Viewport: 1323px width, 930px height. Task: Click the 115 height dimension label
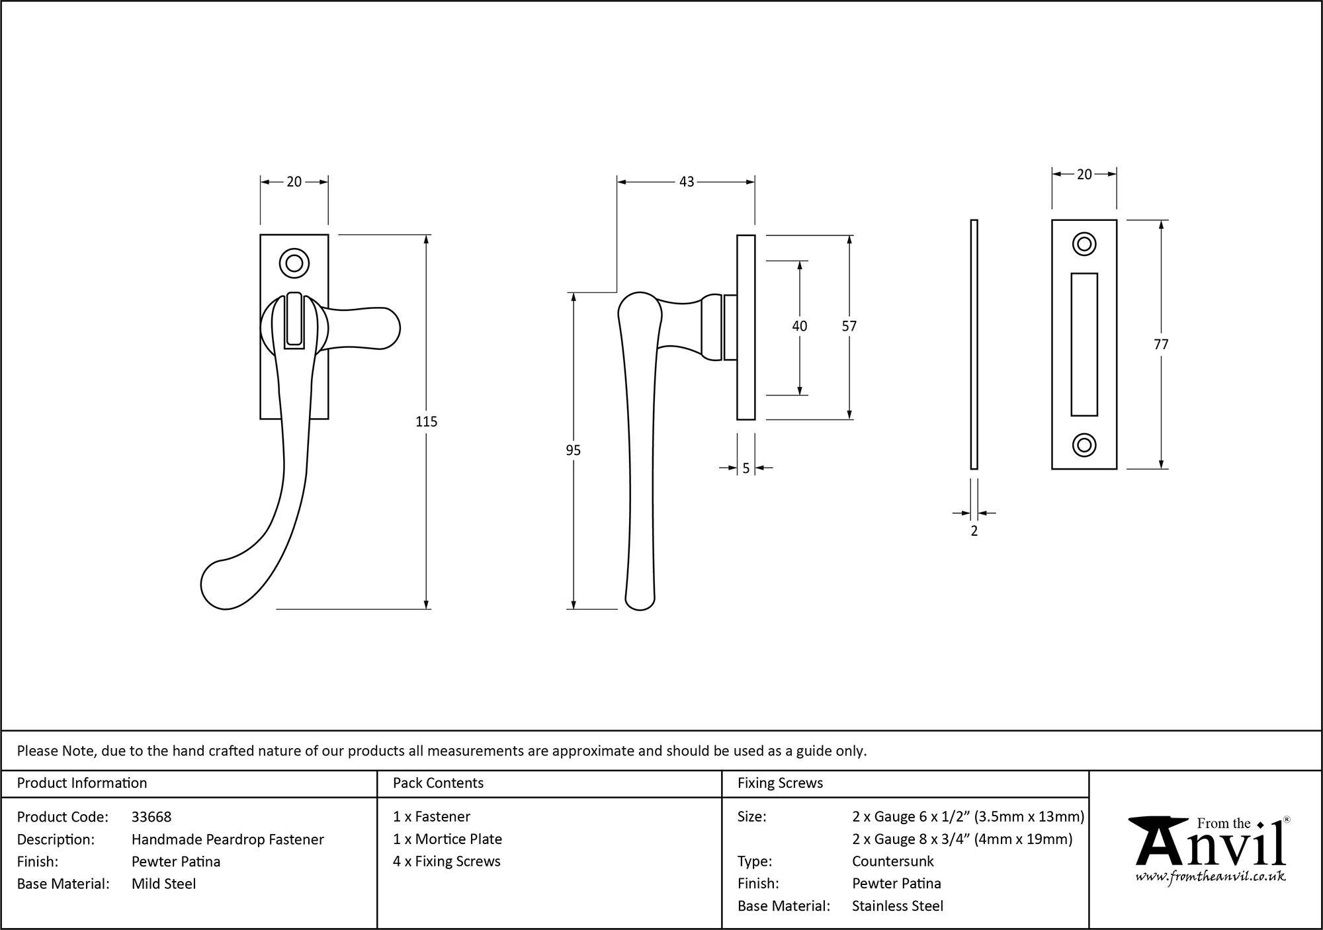426,421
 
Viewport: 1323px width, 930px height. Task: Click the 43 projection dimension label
687,181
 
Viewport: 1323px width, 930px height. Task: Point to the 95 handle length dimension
573,450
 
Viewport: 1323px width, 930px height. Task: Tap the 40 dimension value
799,326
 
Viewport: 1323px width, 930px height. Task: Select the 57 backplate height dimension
849,326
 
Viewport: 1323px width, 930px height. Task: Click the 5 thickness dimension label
746,468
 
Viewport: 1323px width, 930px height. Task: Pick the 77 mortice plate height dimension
1161,345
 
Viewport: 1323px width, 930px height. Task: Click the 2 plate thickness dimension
974,530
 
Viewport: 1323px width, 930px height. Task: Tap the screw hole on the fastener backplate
294,263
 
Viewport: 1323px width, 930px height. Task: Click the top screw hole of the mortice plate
1084,244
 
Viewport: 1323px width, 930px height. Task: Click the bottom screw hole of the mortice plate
1084,445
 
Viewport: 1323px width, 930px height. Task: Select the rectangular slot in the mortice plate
1084,344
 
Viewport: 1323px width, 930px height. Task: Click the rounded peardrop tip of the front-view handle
222,585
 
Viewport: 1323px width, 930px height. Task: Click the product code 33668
151,817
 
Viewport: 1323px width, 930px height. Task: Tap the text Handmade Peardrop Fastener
228,839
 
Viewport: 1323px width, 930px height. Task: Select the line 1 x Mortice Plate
447,839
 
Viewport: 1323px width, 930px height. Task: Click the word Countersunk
892,861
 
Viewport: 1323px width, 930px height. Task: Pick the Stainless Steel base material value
897,906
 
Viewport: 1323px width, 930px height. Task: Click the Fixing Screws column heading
780,783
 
